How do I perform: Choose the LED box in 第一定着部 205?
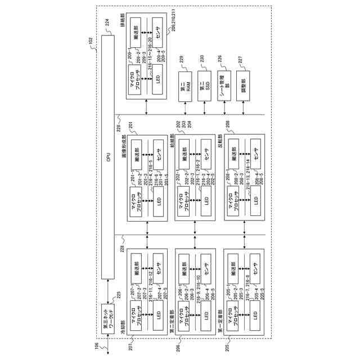(x=254, y=314)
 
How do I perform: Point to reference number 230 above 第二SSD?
(x=201, y=58)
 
